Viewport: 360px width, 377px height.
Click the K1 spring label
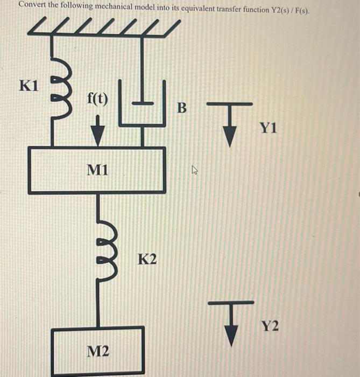pos(29,86)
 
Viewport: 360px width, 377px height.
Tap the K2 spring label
pos(147,260)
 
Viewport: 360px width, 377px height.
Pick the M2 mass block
pos(98,350)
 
